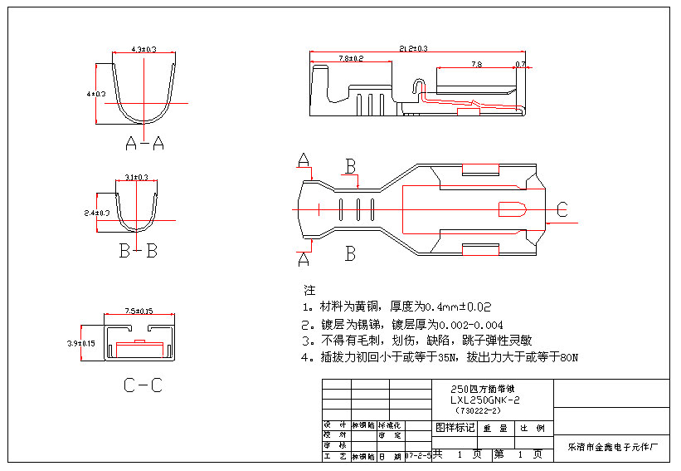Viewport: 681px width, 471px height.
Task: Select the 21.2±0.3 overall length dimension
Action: pos(413,49)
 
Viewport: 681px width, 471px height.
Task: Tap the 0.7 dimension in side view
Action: pos(520,64)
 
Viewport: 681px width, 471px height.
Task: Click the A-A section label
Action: pos(144,144)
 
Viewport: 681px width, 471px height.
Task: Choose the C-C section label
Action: pos(142,385)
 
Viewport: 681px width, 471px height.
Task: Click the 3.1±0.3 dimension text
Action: pos(136,177)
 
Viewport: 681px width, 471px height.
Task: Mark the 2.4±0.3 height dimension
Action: pos(97,213)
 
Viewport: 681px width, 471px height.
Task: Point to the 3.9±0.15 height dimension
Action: pos(80,342)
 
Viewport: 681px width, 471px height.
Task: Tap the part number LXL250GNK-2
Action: pos(484,400)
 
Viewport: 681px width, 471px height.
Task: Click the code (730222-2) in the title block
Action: pos(479,410)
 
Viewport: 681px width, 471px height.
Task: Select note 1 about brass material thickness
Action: pos(397,307)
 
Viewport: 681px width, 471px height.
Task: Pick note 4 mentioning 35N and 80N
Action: pos(439,357)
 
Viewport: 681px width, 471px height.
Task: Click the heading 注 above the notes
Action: pos(310,290)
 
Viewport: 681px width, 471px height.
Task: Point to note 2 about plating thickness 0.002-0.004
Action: pos(401,324)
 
